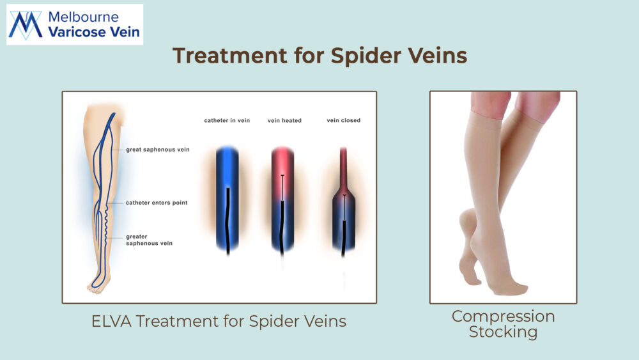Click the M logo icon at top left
pos(26,25)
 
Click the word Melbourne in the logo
pos(83,17)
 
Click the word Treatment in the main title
pos(230,56)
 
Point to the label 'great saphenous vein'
pos(158,150)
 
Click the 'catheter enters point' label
pos(157,203)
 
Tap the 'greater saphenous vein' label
pos(149,240)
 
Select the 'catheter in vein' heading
pos(227,121)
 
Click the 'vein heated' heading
pos(284,121)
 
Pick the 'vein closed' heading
pos(344,121)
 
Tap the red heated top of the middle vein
pos(282,171)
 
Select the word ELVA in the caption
pos(111,321)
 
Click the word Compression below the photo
pos(504,317)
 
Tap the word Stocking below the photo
pos(504,332)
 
